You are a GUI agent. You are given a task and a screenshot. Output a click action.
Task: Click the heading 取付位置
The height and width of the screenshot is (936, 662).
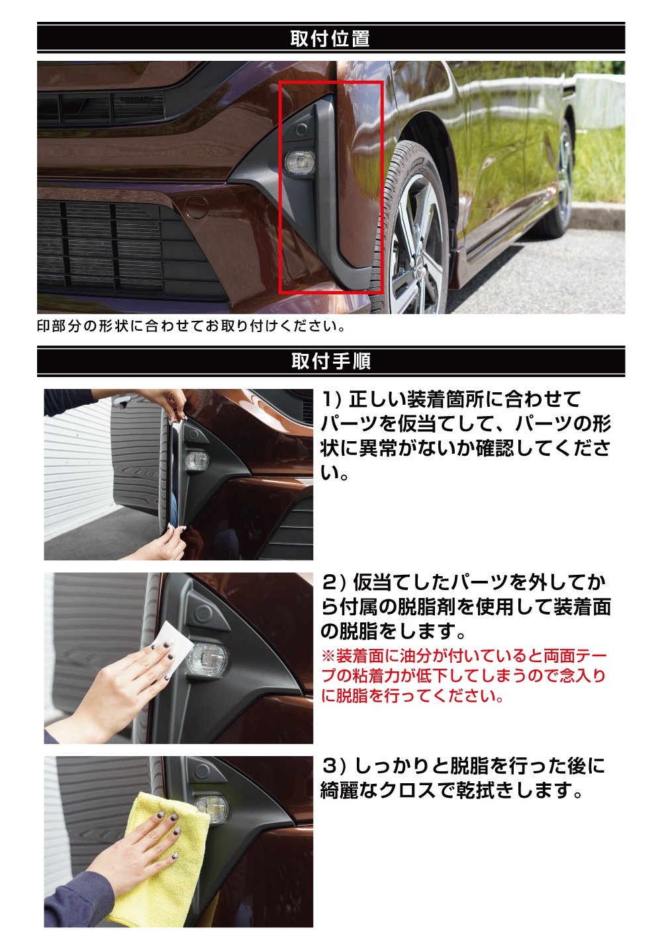click(330, 38)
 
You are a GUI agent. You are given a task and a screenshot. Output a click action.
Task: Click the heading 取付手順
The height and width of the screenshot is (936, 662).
click(331, 361)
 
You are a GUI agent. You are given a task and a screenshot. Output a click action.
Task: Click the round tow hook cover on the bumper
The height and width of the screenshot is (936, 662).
click(196, 207)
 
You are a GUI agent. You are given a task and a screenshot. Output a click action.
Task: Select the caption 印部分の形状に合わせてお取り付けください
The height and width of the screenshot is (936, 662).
click(191, 326)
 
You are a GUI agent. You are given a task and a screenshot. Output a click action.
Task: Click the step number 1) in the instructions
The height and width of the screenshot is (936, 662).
click(332, 399)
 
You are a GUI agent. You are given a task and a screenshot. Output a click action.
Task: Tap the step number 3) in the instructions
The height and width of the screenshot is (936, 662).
click(334, 766)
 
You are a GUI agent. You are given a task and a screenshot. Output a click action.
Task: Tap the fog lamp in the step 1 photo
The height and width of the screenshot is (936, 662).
click(197, 460)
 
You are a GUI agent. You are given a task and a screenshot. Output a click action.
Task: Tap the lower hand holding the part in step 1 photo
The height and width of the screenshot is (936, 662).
click(161, 543)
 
